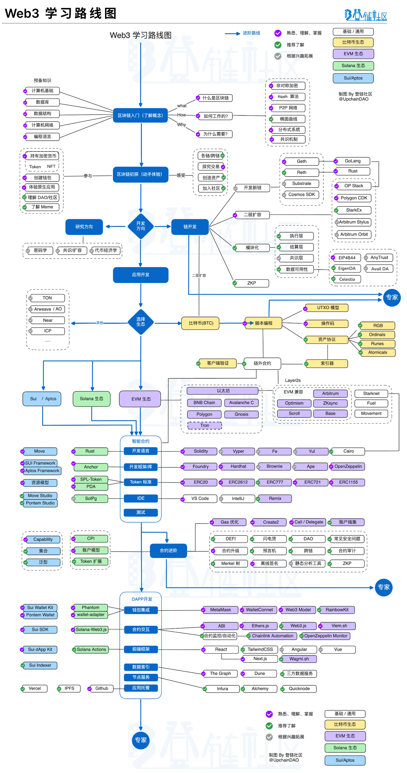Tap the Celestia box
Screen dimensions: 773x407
point(347,279)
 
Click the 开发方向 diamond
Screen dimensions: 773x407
point(140,226)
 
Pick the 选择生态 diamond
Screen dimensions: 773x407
point(140,322)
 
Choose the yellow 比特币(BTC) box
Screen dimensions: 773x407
point(201,323)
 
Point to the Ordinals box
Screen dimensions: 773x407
point(377,335)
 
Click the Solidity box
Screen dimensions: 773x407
point(201,451)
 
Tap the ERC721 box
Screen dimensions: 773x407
point(312,482)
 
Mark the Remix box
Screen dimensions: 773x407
point(275,498)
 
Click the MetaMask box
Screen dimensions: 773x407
point(220,610)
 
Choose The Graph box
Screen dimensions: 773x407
point(220,673)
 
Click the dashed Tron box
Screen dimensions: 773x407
point(204,425)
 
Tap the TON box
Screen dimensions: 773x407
point(47,298)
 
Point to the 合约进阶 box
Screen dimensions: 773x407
point(168,550)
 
